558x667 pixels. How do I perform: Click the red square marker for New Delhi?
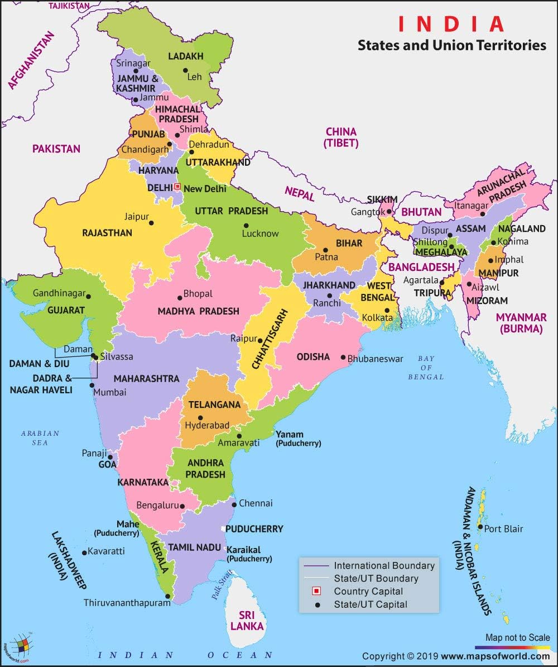(177, 187)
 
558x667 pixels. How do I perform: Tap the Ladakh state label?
(186, 56)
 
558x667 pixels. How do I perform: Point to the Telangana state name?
(214, 404)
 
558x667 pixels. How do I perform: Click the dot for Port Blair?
(480, 527)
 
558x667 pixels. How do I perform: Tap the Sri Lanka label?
(247, 621)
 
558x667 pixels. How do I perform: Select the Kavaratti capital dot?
(84, 552)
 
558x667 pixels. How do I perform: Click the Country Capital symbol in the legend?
(316, 591)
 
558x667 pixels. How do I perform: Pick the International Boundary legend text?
(384, 565)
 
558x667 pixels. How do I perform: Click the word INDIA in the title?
(451, 24)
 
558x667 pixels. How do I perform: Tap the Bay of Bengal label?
(426, 367)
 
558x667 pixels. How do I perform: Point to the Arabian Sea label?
(40, 437)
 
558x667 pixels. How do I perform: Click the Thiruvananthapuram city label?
(127, 603)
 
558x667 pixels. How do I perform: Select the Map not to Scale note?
(517, 637)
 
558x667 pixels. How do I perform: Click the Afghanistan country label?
(31, 60)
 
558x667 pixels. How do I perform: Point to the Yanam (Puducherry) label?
(298, 439)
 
